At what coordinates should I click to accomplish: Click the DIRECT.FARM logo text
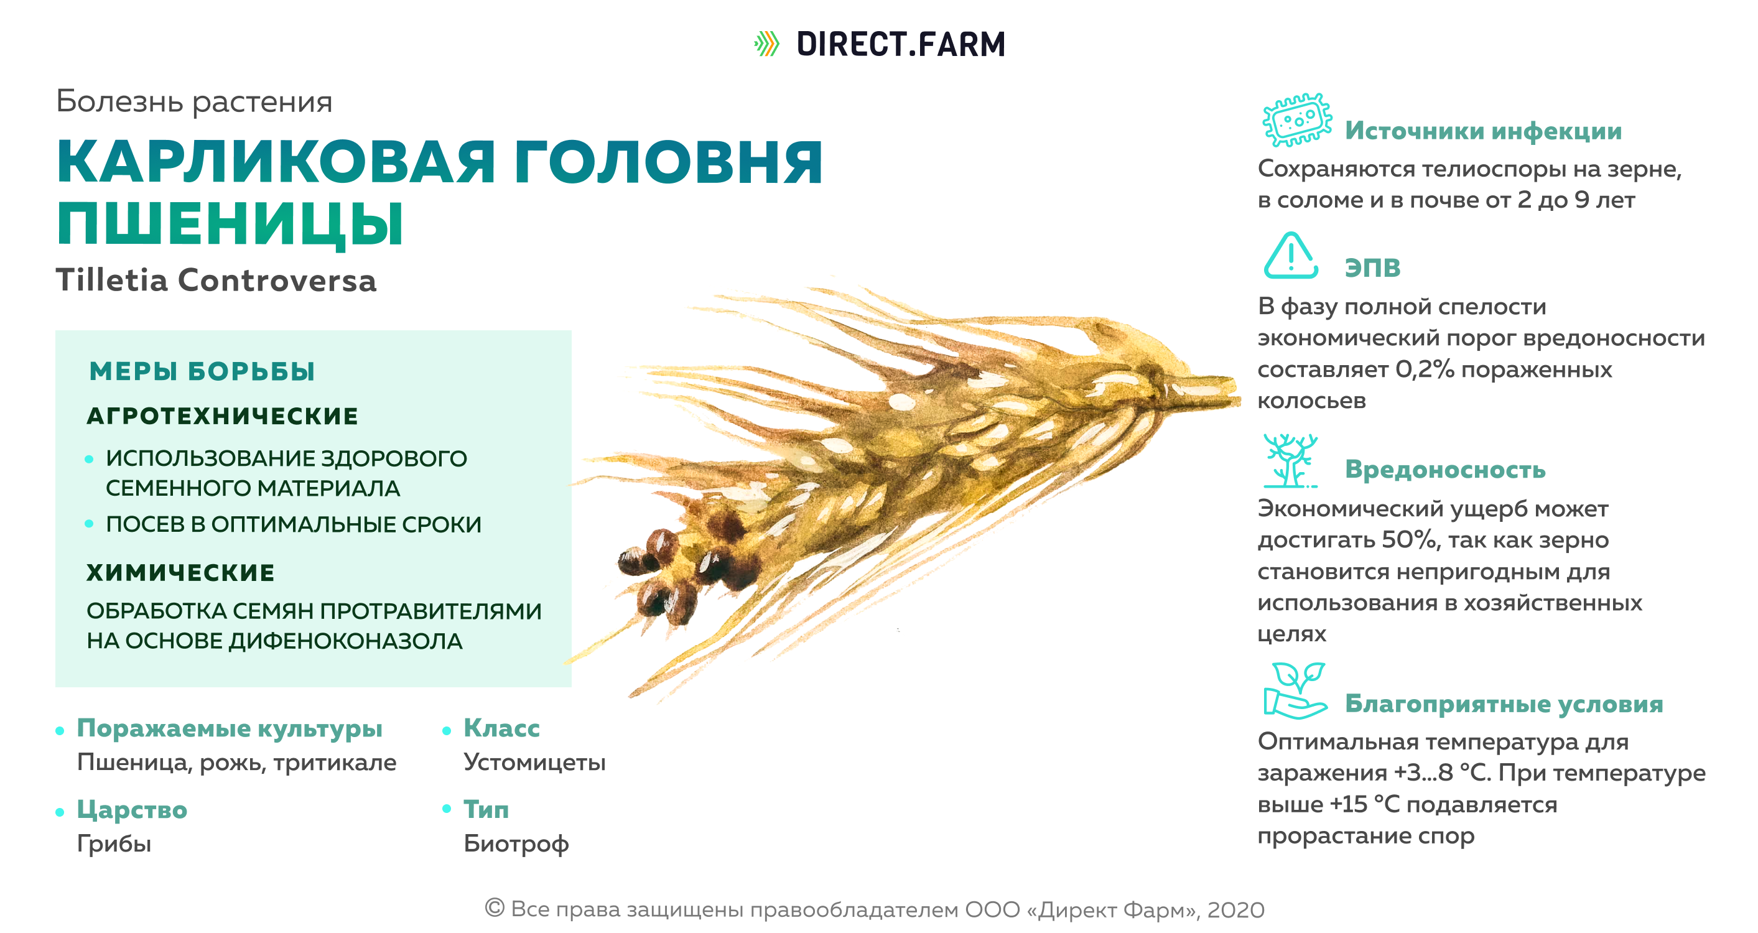(x=901, y=44)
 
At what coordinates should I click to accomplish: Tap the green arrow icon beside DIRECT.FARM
(x=767, y=44)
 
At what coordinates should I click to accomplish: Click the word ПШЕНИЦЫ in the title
(x=231, y=224)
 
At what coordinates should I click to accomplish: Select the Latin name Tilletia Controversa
(x=216, y=281)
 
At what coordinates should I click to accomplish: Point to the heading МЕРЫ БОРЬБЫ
(x=202, y=371)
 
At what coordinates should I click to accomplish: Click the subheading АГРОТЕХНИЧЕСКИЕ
(x=223, y=415)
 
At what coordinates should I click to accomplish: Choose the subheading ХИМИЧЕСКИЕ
(x=181, y=573)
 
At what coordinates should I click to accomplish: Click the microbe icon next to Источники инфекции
(x=1296, y=119)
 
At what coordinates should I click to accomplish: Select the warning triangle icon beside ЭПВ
(x=1291, y=255)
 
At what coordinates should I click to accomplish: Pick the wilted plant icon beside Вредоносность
(x=1290, y=461)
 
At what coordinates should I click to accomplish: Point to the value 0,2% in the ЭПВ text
(x=1425, y=369)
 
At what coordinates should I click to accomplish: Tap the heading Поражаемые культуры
(x=230, y=729)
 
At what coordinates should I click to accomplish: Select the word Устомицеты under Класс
(x=534, y=763)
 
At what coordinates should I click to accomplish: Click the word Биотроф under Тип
(x=516, y=844)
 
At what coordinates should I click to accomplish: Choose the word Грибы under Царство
(x=114, y=844)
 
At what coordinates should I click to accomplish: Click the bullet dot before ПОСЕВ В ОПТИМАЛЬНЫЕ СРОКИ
(x=89, y=524)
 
